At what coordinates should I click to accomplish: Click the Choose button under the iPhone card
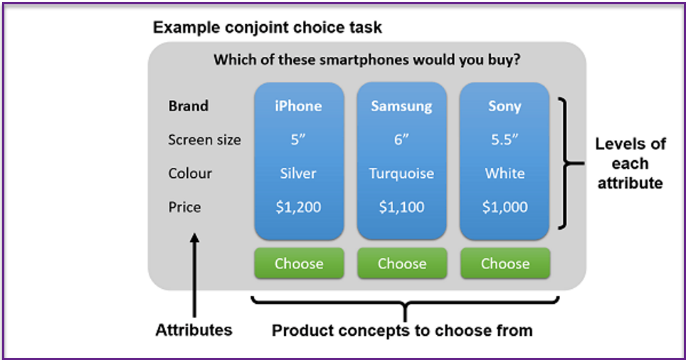click(x=299, y=263)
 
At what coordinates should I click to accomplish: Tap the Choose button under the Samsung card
click(x=402, y=263)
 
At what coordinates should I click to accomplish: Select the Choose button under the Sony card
click(x=505, y=263)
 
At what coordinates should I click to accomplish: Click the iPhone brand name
click(x=298, y=106)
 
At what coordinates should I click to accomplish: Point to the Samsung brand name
click(x=401, y=106)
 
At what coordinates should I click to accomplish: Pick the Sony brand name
click(x=505, y=106)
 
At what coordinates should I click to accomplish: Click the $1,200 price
click(x=298, y=207)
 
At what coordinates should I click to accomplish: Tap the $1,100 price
click(x=401, y=207)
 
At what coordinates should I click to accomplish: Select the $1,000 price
click(x=505, y=207)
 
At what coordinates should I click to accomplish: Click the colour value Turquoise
click(x=401, y=174)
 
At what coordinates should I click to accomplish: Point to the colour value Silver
click(x=298, y=173)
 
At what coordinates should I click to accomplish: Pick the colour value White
click(x=505, y=173)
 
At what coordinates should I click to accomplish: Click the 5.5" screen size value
click(x=505, y=139)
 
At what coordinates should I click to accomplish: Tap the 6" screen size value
click(x=401, y=139)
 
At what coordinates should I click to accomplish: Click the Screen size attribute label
click(x=205, y=139)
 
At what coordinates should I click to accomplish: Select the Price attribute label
click(x=184, y=207)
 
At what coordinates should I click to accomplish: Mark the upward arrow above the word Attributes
click(x=194, y=275)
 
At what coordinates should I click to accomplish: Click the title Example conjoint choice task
click(x=268, y=28)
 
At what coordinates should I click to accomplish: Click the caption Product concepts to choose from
click(x=402, y=330)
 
